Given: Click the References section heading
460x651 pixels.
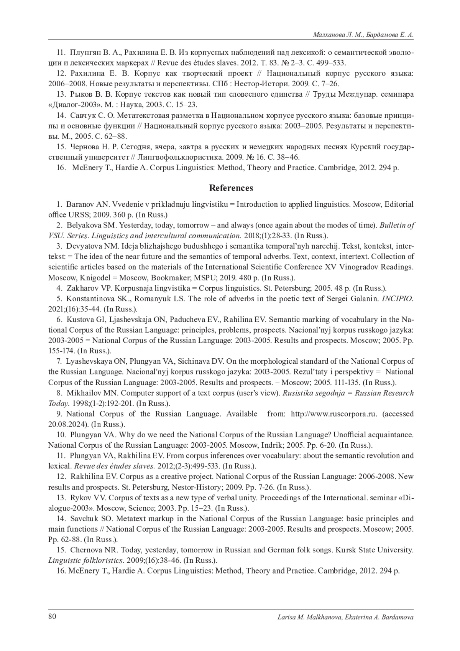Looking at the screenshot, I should coord(231,188).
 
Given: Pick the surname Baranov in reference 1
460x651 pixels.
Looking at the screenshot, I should coord(79,204).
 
